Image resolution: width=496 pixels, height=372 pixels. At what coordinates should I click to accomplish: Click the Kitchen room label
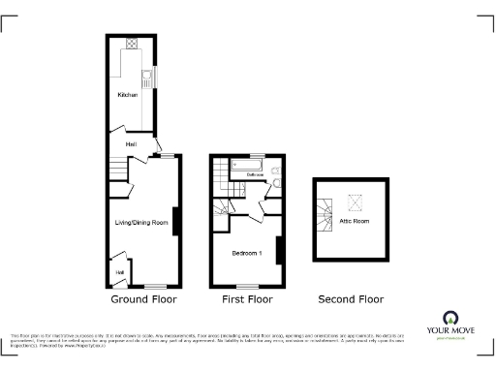click(x=127, y=95)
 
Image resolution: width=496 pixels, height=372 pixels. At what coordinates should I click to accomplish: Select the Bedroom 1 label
click(x=247, y=253)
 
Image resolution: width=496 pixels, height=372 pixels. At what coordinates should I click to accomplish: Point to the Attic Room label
click(x=354, y=221)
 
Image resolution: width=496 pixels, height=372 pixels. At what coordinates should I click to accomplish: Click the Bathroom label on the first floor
click(x=255, y=174)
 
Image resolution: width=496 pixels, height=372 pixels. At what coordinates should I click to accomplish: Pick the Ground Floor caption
click(x=142, y=299)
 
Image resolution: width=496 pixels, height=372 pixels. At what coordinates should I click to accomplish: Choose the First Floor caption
click(x=247, y=299)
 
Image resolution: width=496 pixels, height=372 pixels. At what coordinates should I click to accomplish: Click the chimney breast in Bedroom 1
click(x=278, y=251)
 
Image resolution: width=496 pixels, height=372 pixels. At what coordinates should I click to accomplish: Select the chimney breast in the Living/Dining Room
click(x=175, y=221)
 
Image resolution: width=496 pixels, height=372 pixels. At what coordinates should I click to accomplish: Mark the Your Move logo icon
click(x=450, y=318)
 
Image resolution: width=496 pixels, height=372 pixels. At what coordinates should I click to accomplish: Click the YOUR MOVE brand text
click(x=450, y=332)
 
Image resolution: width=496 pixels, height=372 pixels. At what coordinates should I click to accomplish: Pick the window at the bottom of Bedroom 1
click(x=248, y=286)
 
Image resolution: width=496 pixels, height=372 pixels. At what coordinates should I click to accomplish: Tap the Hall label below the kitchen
click(x=130, y=142)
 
